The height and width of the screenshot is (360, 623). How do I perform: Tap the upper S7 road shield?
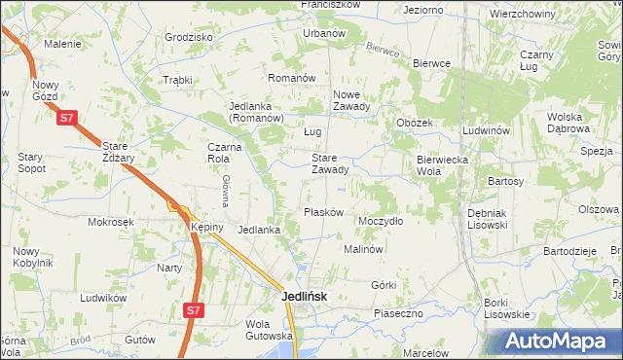point(66,119)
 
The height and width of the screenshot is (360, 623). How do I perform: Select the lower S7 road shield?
point(194,310)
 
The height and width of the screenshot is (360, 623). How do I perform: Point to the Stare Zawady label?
point(329,162)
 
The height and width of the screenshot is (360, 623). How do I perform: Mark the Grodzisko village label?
point(189,37)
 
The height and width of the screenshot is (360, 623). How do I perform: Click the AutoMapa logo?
point(562,342)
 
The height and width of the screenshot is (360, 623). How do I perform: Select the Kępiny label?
point(207,227)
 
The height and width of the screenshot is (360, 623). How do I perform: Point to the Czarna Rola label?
point(223,154)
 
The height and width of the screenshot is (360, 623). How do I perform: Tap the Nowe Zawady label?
point(350,100)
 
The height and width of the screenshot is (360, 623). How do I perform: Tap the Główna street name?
point(225,190)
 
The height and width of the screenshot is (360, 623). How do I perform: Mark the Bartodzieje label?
point(570,250)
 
